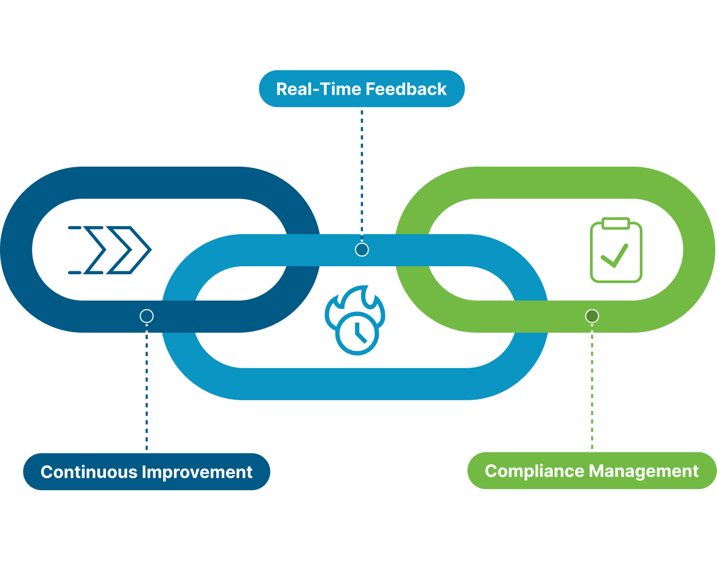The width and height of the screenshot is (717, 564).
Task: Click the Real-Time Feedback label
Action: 362,89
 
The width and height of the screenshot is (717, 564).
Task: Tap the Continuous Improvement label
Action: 146,472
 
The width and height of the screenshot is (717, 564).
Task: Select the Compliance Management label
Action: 592,471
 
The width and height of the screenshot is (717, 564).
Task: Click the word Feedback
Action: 406,89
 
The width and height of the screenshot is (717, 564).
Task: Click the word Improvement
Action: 197,472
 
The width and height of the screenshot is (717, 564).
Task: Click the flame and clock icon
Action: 355,320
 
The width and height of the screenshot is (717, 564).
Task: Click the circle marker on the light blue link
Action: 362,250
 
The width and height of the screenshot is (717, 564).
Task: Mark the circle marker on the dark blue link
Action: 146,316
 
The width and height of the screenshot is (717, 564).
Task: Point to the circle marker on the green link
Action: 592,316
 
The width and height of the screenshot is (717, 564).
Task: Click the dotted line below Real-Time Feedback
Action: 362,172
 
